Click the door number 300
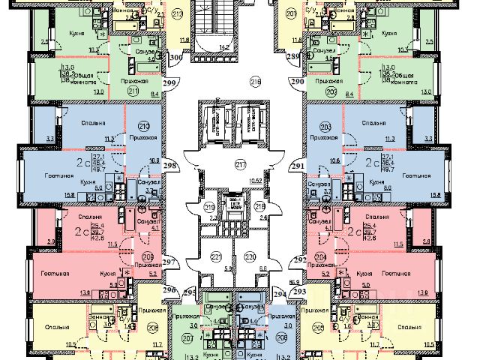(x=176, y=56)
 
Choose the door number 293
(x=301, y=291)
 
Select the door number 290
(x=297, y=80)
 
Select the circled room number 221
(x=216, y=257)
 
